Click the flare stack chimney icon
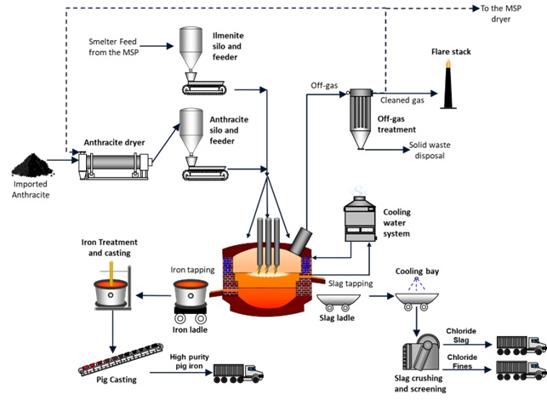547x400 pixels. (x=448, y=89)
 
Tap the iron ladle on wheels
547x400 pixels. (x=192, y=298)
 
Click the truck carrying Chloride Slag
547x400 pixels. (x=518, y=345)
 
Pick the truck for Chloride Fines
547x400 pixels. (x=518, y=371)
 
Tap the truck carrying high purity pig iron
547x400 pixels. (x=237, y=372)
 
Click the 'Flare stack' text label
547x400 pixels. (x=451, y=52)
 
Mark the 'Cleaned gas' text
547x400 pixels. (x=402, y=100)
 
